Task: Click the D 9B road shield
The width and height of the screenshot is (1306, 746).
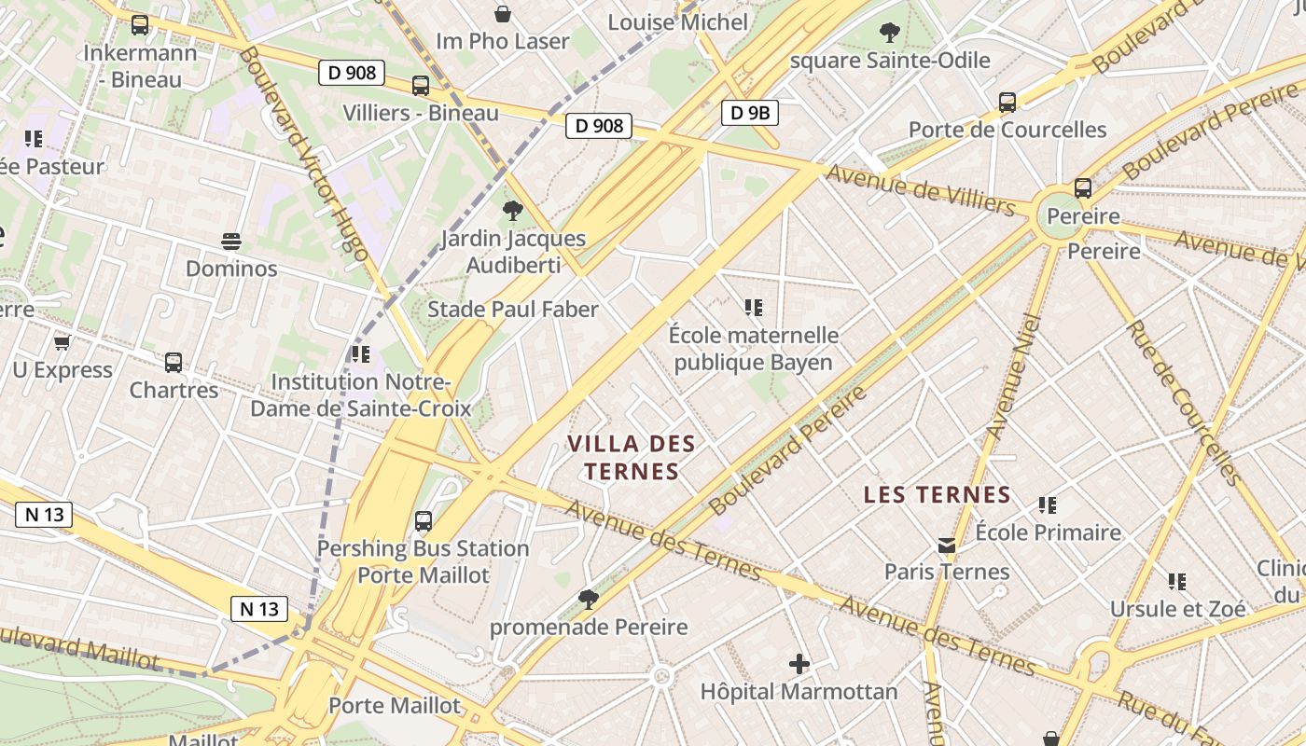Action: click(749, 114)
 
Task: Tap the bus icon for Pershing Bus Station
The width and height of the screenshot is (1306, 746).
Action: click(424, 521)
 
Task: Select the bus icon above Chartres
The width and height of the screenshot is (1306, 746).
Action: click(174, 363)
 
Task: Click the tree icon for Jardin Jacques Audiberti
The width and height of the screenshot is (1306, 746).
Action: click(512, 211)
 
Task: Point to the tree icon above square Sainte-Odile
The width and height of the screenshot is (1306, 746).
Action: click(890, 33)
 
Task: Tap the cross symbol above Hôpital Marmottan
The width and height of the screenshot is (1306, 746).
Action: click(799, 664)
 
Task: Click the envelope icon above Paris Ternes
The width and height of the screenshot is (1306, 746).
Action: click(947, 546)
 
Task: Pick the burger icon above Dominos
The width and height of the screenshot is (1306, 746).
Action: click(231, 242)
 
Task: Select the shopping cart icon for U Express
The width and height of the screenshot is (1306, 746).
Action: click(63, 343)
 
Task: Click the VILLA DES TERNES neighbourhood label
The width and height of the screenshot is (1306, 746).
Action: click(632, 457)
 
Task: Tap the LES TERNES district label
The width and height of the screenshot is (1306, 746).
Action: click(937, 494)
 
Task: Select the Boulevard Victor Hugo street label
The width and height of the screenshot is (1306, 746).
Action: click(304, 154)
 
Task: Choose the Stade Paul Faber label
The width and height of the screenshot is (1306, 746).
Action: click(512, 309)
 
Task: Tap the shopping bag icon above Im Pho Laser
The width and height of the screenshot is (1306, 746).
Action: click(503, 14)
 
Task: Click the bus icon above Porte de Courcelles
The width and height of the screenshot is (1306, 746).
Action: click(1007, 103)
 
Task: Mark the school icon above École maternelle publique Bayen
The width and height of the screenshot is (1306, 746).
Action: click(754, 307)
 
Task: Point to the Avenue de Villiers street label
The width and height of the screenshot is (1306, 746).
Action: click(920, 189)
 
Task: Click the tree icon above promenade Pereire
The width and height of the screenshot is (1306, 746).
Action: click(588, 599)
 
